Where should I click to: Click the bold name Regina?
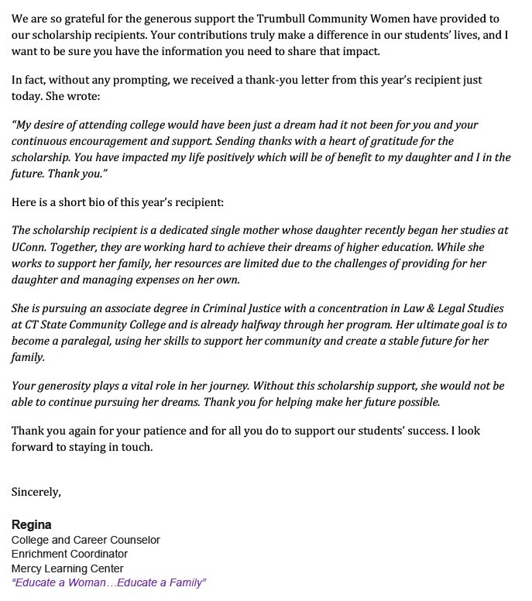point(31,524)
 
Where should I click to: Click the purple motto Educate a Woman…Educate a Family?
point(108,582)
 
